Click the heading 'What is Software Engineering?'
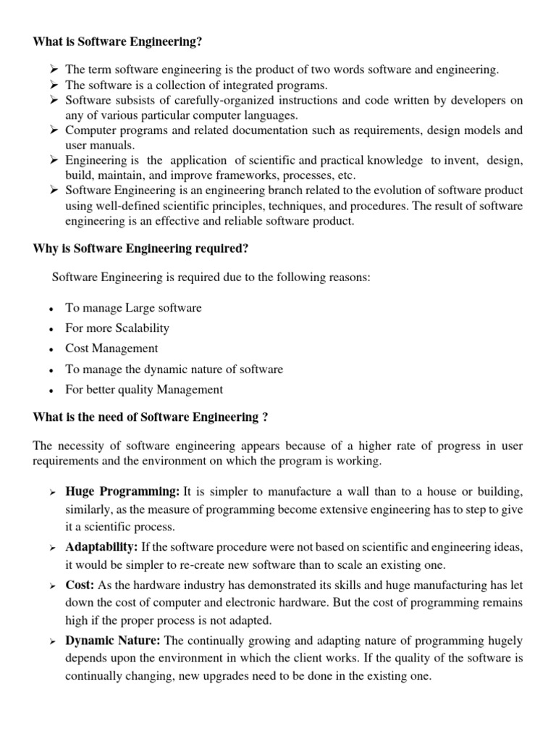click(118, 43)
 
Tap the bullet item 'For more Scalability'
click(117, 328)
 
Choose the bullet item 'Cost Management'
click(111, 349)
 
